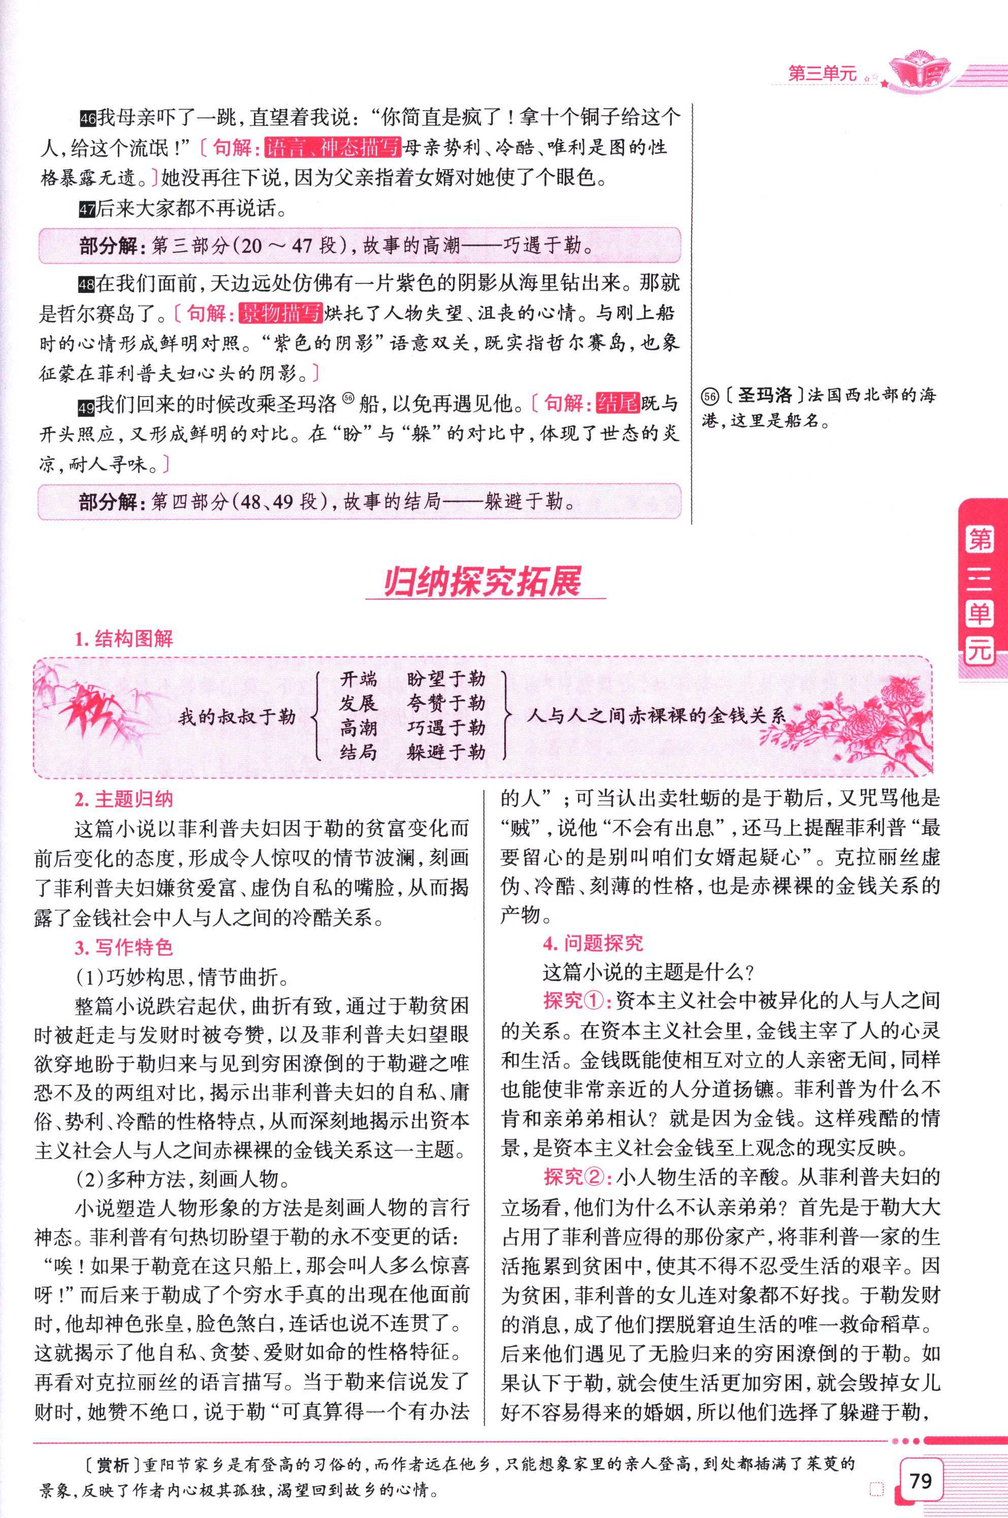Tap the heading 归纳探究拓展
(482, 582)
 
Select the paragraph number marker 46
(88, 119)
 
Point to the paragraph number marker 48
(87, 283)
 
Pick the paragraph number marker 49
(87, 406)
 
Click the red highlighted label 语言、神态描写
(333, 148)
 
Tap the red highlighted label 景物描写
(280, 314)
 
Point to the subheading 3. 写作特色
(124, 947)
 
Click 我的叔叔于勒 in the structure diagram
(237, 716)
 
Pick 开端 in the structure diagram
(359, 679)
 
